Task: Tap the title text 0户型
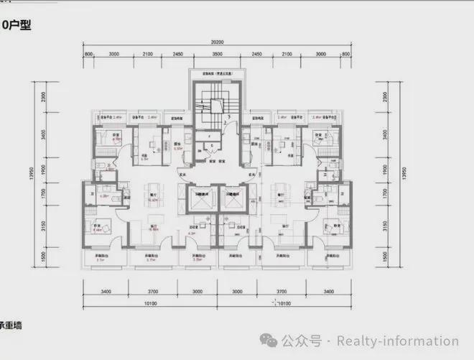point(19,24)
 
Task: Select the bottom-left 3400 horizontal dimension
point(105,291)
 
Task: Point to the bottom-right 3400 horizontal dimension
point(329,291)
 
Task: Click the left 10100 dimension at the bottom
point(149,303)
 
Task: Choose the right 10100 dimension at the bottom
point(284,303)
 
